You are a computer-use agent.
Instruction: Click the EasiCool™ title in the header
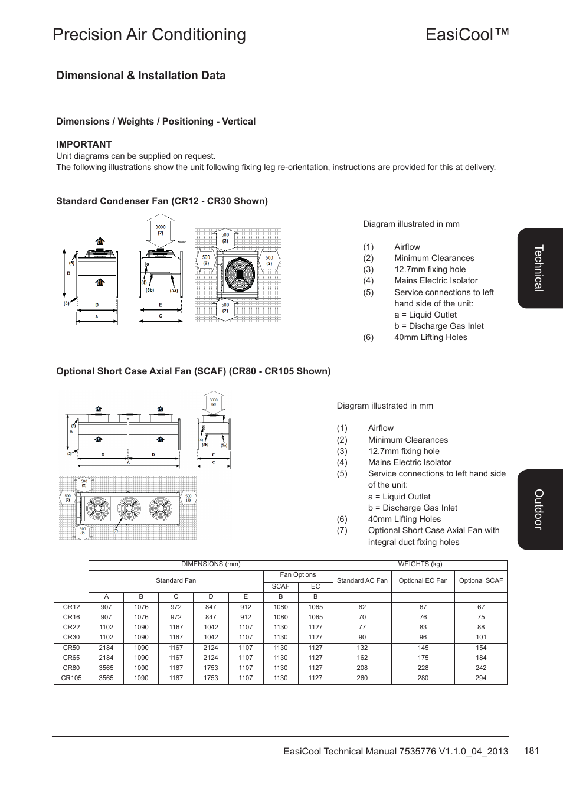pos(467,34)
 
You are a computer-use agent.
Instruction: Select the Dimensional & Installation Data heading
pos(140,76)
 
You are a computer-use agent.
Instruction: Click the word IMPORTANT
pos(84,144)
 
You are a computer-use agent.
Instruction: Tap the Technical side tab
pos(539,268)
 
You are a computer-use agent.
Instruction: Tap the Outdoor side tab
pos(539,509)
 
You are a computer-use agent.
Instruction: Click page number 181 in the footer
pos(531,750)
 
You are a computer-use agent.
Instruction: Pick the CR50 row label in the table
pos(71,648)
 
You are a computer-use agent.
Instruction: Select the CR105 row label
pos(71,678)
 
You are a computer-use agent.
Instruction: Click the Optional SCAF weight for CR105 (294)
pos(481,678)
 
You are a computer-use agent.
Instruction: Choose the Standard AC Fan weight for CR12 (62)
pos(362,607)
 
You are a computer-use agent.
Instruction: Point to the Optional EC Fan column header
pos(423,580)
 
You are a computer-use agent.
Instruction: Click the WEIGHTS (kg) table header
pos(420,564)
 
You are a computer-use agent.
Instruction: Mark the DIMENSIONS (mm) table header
pos(211,564)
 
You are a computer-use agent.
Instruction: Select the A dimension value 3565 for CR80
pos(106,668)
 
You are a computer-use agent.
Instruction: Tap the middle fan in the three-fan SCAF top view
pos(128,508)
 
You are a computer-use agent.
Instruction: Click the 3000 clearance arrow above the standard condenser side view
pos(161,230)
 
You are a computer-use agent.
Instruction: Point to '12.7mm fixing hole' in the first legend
pos(430,269)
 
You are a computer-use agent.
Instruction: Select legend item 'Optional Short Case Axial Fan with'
pos(434,530)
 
